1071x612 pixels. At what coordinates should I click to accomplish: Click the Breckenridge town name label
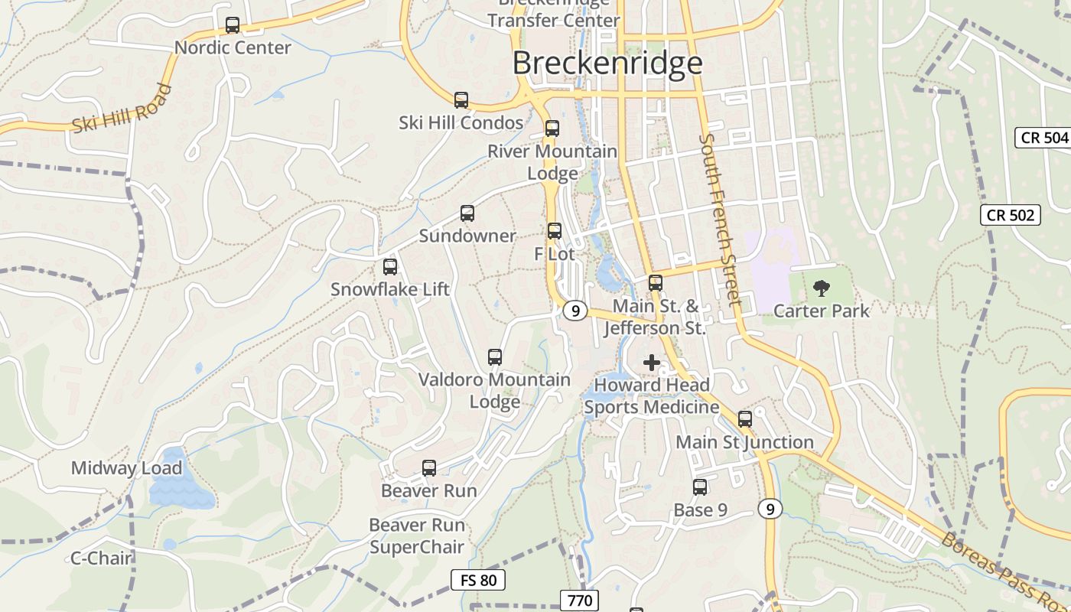pyautogui.click(x=607, y=63)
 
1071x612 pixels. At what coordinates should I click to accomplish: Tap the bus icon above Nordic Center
pyautogui.click(x=233, y=25)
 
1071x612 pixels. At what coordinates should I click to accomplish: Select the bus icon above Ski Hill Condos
pyautogui.click(x=461, y=100)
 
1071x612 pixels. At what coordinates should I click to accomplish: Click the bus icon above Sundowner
pyautogui.click(x=467, y=213)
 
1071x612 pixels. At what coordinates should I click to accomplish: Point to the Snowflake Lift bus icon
pyautogui.click(x=390, y=267)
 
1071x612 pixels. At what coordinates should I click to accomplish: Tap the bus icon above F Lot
pyautogui.click(x=555, y=231)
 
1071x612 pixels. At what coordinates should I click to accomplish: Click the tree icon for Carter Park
pyautogui.click(x=822, y=288)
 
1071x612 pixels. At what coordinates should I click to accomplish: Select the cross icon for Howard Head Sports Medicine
pyautogui.click(x=652, y=363)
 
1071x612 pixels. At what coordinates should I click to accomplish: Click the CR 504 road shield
pyautogui.click(x=1044, y=138)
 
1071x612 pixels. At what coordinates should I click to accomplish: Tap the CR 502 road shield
pyautogui.click(x=1011, y=215)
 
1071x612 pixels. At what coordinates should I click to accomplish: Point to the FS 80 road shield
pyautogui.click(x=479, y=580)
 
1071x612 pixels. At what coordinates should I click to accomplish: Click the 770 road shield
pyautogui.click(x=580, y=601)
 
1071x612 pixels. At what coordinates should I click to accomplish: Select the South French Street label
pyautogui.click(x=721, y=220)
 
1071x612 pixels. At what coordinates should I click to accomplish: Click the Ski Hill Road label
pyautogui.click(x=122, y=109)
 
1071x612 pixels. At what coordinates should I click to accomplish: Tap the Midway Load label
pyautogui.click(x=127, y=468)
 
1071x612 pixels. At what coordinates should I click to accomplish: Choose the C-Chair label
pyautogui.click(x=101, y=558)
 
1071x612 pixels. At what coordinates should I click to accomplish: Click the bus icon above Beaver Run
pyautogui.click(x=429, y=468)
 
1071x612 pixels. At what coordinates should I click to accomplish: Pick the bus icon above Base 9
pyautogui.click(x=700, y=487)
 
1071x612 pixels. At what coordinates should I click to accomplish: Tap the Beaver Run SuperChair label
pyautogui.click(x=418, y=536)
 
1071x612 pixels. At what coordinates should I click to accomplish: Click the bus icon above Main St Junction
pyautogui.click(x=745, y=419)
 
